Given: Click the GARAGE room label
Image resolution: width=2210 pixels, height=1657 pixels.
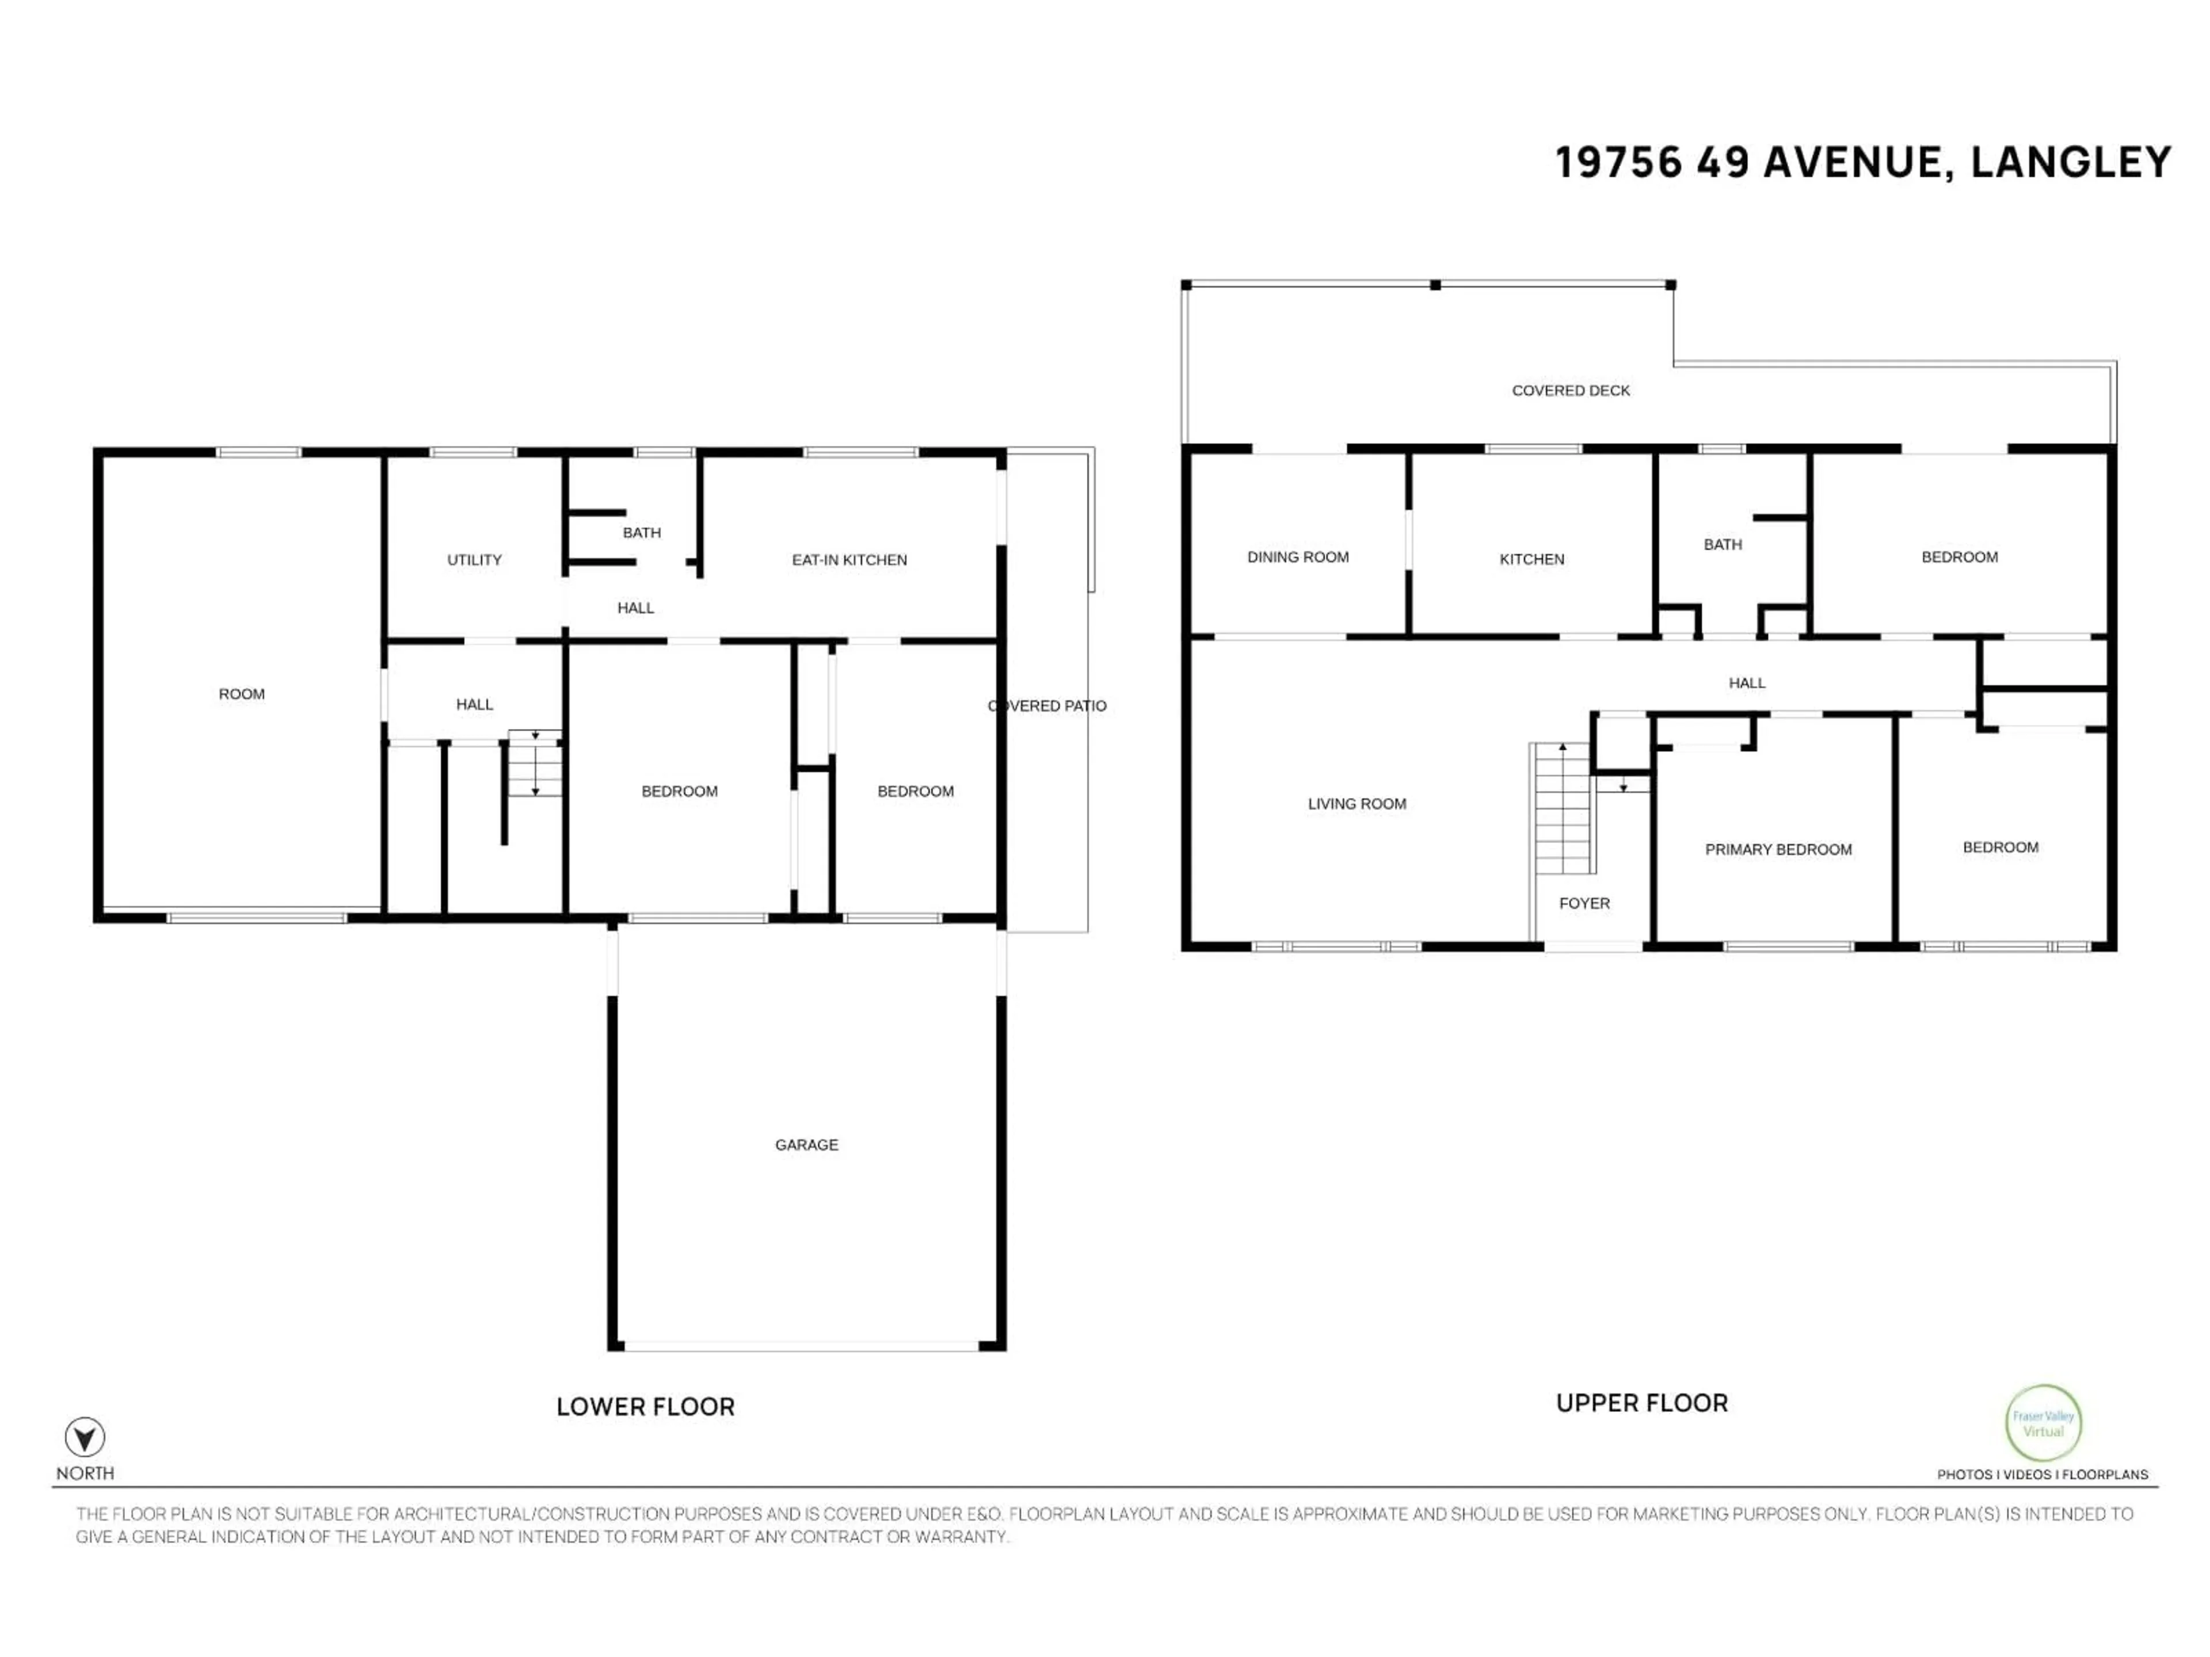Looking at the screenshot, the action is pos(806,1144).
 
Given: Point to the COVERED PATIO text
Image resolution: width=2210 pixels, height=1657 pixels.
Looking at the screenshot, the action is pos(1047,705).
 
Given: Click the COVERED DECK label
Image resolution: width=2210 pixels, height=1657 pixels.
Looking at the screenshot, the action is pos(1571,391).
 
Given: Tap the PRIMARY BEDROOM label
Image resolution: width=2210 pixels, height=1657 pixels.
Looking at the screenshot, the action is pos(1778,849).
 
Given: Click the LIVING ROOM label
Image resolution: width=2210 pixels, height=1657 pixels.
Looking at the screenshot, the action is pos(1357,803).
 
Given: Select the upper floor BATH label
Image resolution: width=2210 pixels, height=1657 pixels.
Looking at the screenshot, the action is pos(1723,544).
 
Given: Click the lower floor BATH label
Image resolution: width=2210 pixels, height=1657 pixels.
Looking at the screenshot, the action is pos(642,532).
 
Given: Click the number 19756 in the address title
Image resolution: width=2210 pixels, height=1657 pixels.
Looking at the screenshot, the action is pos(1618,163).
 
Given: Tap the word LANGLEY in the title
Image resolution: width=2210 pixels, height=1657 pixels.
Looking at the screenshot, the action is pos(2071,163).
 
